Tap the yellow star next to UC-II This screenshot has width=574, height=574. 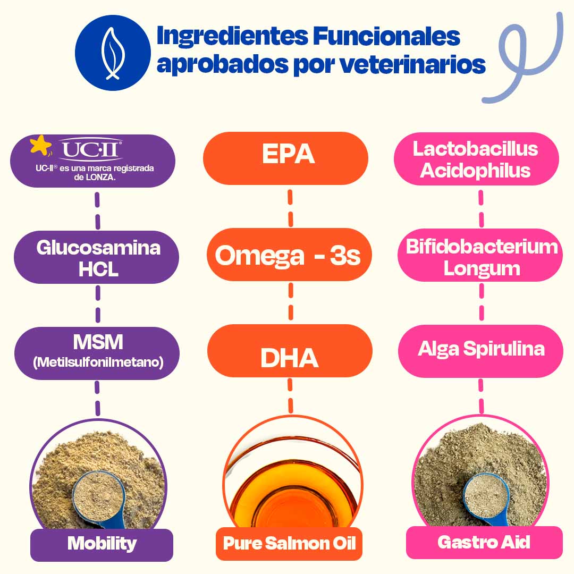tap(40, 145)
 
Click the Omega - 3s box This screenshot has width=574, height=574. tap(289, 255)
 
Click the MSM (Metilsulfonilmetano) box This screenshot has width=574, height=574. tap(97, 353)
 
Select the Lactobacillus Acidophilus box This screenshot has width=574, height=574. tap(476, 159)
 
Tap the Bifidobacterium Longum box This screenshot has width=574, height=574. tap(481, 257)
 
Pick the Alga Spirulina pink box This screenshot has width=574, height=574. tap(481, 349)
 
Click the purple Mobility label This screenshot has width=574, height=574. tap(102, 544)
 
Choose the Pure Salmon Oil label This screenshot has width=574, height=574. tap(289, 544)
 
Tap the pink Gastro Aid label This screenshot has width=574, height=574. tap(484, 543)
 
